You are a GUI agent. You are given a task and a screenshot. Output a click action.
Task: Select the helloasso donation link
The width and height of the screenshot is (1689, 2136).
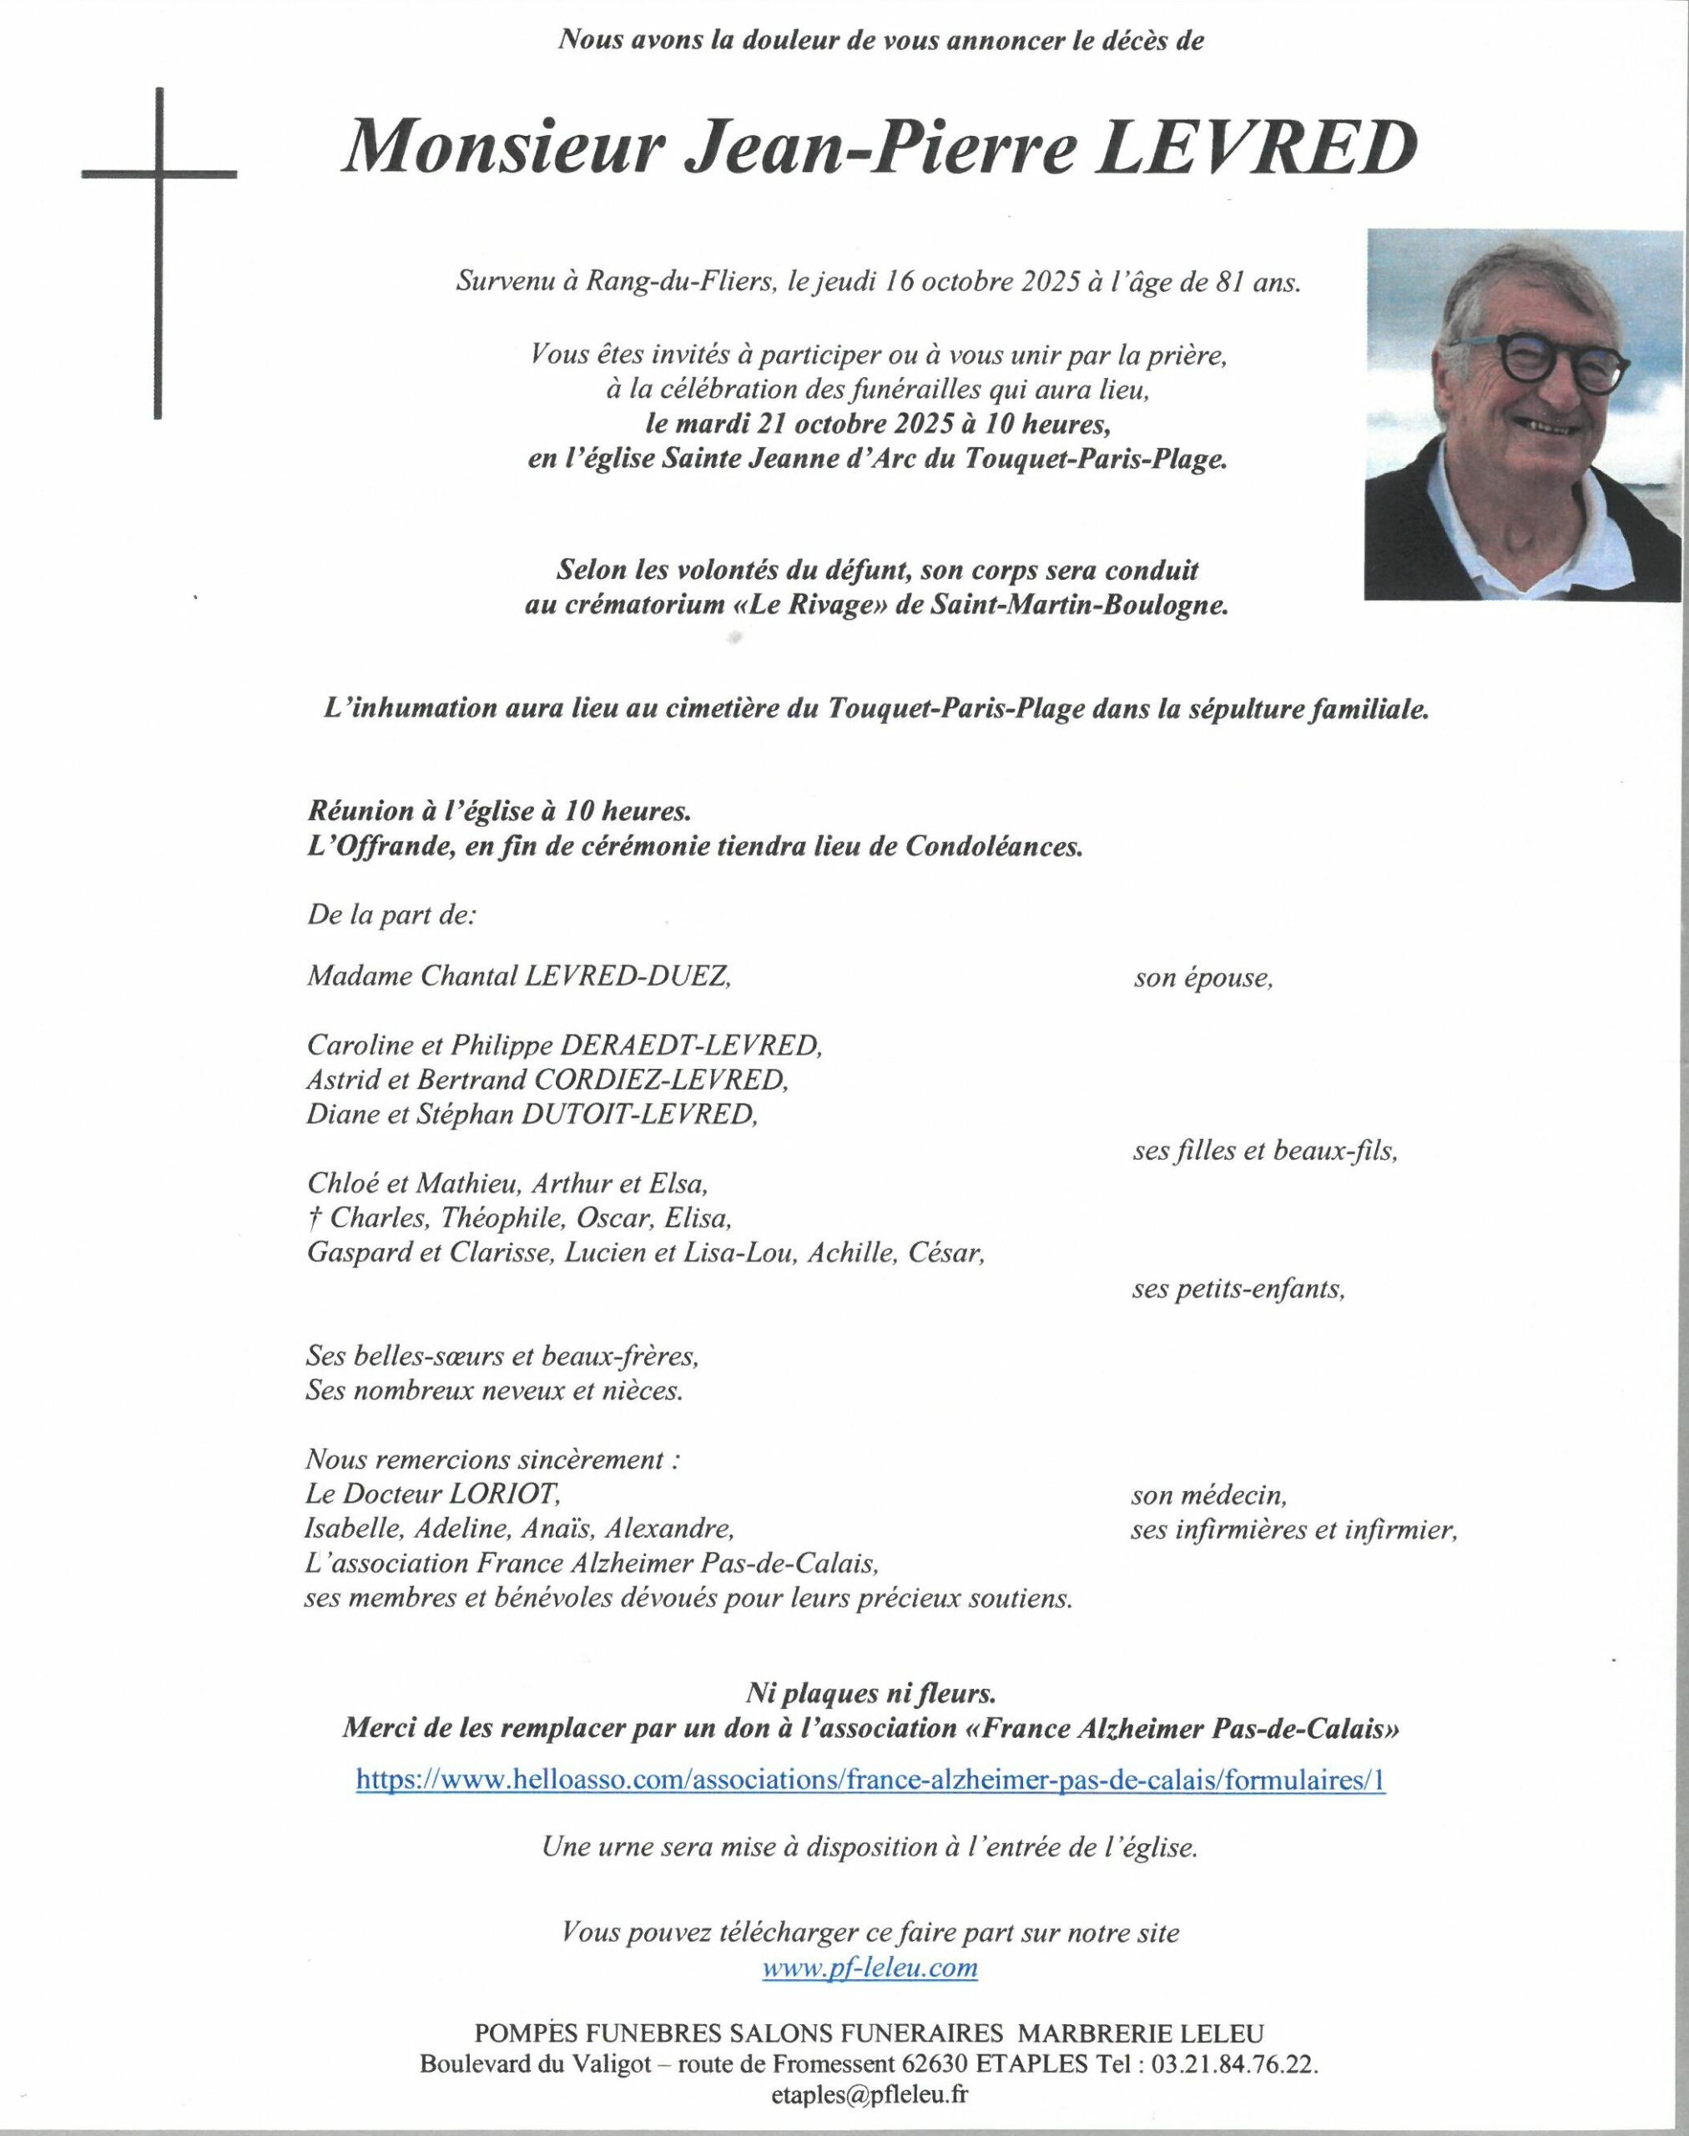[x=870, y=1780]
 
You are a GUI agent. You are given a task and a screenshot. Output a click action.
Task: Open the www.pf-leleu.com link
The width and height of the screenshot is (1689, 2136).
[x=870, y=1967]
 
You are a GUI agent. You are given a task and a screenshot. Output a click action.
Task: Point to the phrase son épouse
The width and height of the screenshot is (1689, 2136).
[x=1202, y=979]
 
